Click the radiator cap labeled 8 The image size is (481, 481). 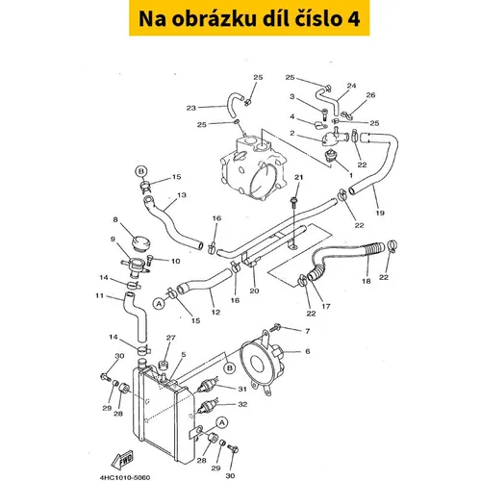tap(140, 243)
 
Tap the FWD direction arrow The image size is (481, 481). tap(122, 460)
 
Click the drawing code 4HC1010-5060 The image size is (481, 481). tap(125, 477)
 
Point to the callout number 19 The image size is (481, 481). tap(380, 213)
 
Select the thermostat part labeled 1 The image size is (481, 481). tap(330, 157)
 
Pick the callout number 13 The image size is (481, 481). tap(182, 194)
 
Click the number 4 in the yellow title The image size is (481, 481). tap(353, 19)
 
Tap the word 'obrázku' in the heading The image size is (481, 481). tap(214, 19)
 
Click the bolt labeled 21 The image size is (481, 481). tap(293, 203)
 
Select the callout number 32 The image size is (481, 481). tap(242, 404)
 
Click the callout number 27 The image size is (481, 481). tap(171, 338)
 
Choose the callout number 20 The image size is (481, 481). tap(254, 291)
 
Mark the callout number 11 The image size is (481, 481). tap(100, 295)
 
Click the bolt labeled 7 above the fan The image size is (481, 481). tap(275, 328)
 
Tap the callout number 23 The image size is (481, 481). tap(191, 108)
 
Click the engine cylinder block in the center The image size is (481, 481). tap(253, 166)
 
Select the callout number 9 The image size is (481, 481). tap(113, 240)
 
